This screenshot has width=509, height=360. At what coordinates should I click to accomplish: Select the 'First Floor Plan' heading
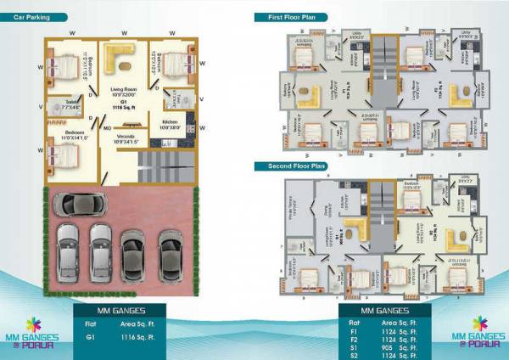(x=286, y=17)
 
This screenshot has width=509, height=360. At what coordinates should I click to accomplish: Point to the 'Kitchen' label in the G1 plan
(x=170, y=122)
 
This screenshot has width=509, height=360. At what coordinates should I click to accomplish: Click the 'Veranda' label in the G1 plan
(x=126, y=137)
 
